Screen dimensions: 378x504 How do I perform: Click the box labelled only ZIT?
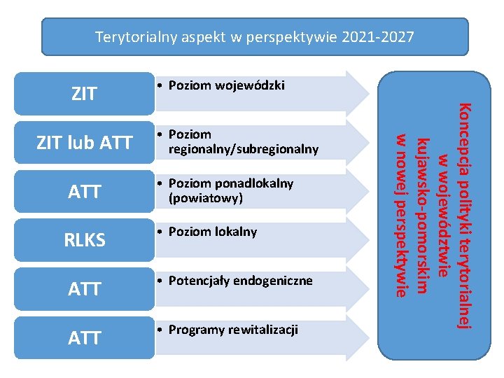coord(84,94)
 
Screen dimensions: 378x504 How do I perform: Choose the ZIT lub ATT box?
coord(84,143)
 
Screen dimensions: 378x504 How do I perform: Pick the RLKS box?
coord(84,240)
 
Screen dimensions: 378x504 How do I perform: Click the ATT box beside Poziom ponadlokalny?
coord(84,191)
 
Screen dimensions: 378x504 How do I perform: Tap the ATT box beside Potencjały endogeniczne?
coord(84,288)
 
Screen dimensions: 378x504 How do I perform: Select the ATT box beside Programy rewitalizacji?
coord(84,338)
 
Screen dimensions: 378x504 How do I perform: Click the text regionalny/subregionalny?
coord(243,149)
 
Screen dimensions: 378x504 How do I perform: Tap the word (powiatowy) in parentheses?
coord(205,198)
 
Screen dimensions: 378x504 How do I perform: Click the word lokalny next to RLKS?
coord(236,232)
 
